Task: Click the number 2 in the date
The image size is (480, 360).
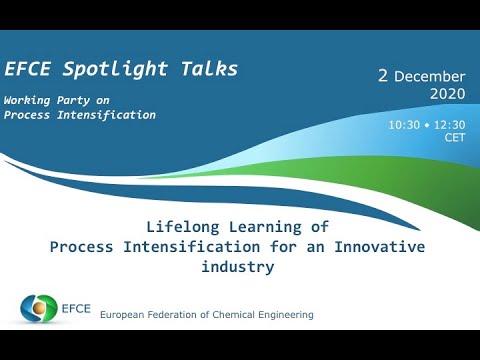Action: [x=383, y=76]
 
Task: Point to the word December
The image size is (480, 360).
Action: [x=430, y=77]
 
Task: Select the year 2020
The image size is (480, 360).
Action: [x=447, y=94]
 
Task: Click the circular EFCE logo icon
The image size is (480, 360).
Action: [x=39, y=307]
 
